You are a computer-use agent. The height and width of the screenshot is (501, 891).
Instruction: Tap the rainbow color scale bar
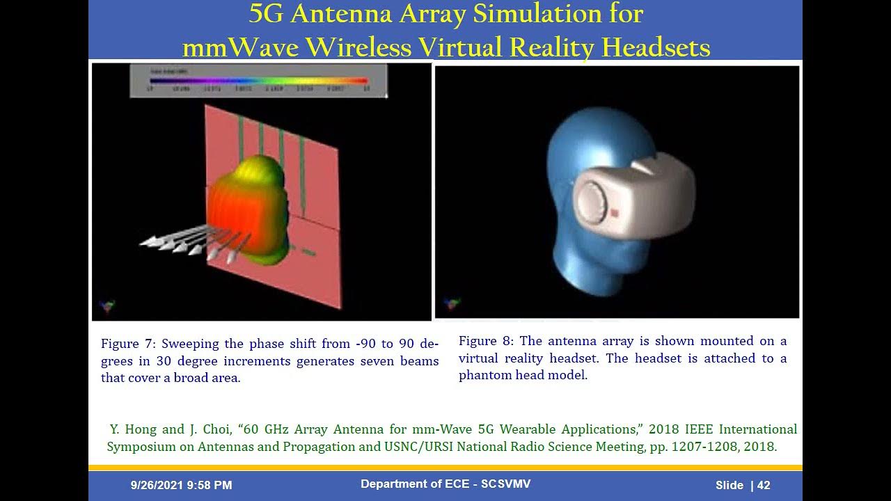(258, 81)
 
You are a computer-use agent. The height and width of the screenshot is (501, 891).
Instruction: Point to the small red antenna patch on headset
(615, 212)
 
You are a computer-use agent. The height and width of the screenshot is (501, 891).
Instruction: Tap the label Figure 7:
(129, 344)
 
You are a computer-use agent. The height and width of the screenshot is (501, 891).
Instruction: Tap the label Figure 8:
(487, 341)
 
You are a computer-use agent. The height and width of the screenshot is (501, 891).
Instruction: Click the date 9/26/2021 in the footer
(157, 485)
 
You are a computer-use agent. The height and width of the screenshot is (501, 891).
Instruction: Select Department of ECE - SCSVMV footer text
(445, 484)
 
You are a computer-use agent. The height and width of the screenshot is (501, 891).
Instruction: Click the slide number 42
(764, 485)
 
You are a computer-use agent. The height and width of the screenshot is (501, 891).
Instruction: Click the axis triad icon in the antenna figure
(107, 305)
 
